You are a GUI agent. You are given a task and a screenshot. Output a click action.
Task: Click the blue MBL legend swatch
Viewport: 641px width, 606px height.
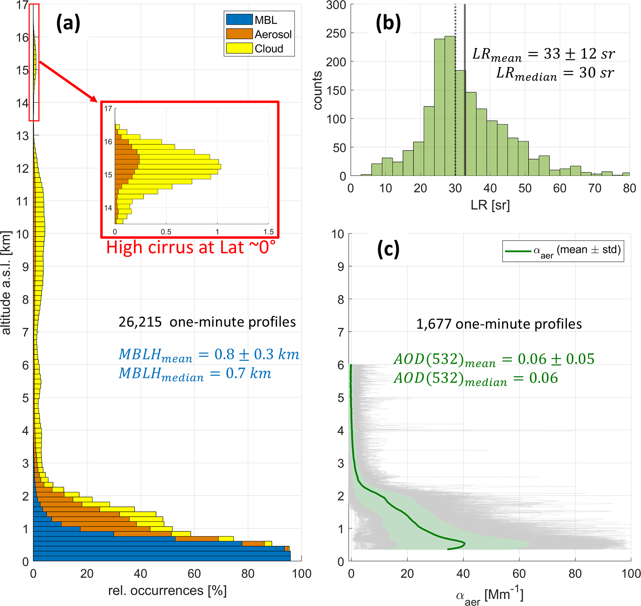239,20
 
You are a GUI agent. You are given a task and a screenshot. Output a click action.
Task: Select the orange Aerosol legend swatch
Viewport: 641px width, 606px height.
239,34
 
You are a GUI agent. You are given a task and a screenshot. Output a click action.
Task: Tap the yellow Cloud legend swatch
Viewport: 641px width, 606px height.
239,48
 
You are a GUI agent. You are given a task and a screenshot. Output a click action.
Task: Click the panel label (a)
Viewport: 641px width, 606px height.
68,24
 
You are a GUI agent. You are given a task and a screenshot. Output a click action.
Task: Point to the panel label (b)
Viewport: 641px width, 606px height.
388,24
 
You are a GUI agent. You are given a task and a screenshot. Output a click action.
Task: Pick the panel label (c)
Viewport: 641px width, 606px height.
388,250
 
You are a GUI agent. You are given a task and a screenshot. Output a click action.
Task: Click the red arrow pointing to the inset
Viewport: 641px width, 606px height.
68,81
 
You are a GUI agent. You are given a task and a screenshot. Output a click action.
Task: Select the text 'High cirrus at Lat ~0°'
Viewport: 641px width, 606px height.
191,248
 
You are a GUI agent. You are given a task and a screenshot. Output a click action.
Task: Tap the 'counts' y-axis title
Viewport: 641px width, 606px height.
318,91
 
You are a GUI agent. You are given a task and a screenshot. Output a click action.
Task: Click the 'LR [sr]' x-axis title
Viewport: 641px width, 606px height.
490,205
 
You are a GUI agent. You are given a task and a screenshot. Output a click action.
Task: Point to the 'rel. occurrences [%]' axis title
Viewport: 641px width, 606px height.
167,590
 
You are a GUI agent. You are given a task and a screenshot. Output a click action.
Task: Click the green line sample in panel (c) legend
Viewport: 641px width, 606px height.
518,251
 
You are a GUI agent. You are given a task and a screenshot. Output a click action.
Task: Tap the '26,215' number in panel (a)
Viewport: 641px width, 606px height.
140,322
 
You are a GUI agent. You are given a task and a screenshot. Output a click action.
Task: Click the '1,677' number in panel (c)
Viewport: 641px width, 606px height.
433,324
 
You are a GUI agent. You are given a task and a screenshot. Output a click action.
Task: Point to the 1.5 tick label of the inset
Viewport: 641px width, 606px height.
268,232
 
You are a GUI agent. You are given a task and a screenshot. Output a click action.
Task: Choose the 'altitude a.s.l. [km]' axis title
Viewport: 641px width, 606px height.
7,283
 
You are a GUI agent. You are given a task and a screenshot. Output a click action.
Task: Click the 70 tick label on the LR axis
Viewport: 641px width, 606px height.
594,188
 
